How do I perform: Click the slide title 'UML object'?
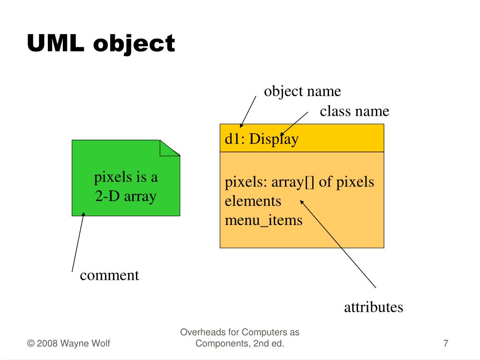point(101,44)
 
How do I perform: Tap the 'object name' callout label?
point(302,91)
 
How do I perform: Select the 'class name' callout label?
point(354,112)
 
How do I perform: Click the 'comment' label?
point(110,275)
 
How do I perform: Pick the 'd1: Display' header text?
point(262,139)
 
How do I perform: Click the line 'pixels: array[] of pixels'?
point(300,182)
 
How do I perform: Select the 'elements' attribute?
point(253,201)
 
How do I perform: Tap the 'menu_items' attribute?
point(263,219)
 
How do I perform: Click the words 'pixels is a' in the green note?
point(126,178)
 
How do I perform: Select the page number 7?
point(445,344)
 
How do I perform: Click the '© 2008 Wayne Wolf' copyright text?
point(69,344)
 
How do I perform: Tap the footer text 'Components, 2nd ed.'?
point(240,344)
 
